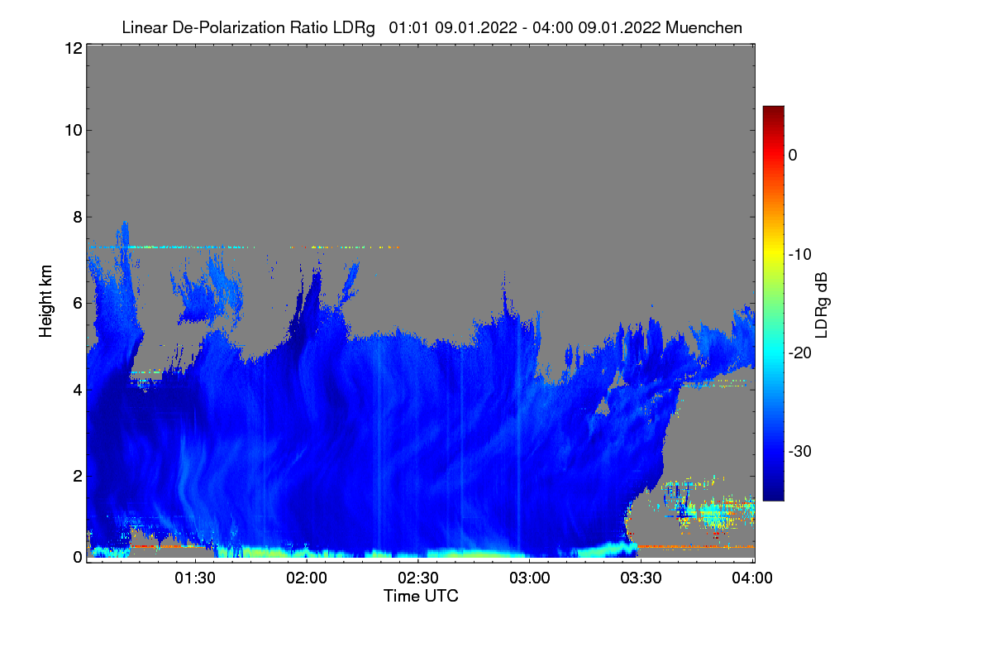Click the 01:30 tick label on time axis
tap(195, 578)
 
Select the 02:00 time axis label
tap(307, 578)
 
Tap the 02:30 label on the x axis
tap(418, 578)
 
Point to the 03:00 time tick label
tap(530, 578)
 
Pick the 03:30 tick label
tap(641, 578)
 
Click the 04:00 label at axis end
tap(752, 578)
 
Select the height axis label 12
tap(74, 48)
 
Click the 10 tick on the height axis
tap(74, 131)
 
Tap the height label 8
tap(78, 218)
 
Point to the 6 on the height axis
tap(78, 304)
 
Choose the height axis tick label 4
tap(78, 391)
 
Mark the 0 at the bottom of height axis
tap(78, 558)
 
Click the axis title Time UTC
tap(421, 596)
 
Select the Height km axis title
tap(45, 301)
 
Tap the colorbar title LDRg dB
tap(821, 305)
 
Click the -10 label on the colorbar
tap(800, 255)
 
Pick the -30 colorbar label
tap(800, 451)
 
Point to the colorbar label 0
tap(793, 156)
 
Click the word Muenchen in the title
tap(703, 28)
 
